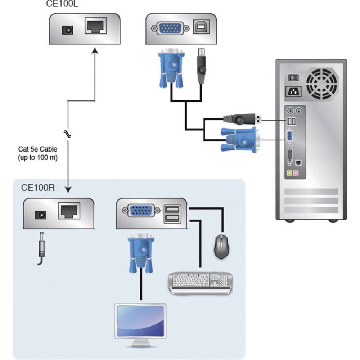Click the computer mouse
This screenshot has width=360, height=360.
tap(222, 247)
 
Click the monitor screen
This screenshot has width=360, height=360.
tap(140, 321)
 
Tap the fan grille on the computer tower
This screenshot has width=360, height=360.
tap(322, 84)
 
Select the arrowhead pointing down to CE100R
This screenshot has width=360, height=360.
tap(68, 189)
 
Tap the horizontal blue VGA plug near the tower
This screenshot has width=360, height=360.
tap(239, 140)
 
